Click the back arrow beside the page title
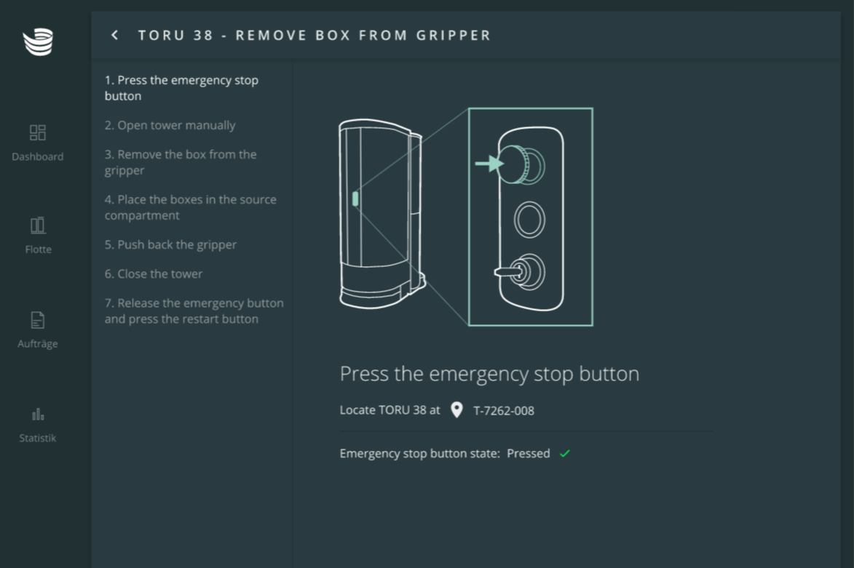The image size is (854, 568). coord(114,36)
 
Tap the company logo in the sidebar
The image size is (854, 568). coord(38,42)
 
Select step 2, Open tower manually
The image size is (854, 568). coord(170,125)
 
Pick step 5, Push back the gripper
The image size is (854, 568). coord(170,245)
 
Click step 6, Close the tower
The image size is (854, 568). coord(154,273)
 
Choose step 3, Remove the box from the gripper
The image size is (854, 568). coord(181,162)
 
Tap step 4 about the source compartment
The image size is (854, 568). coord(191,207)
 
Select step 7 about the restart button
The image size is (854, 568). coord(194,311)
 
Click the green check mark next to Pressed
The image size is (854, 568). coord(565,453)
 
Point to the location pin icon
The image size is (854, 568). coord(457,409)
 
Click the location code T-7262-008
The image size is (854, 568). coord(504,411)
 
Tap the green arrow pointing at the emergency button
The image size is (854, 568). coord(489,163)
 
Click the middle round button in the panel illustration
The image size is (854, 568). coord(529,220)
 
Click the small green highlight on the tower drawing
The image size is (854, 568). coord(355,199)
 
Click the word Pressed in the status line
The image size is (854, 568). coord(529,453)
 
